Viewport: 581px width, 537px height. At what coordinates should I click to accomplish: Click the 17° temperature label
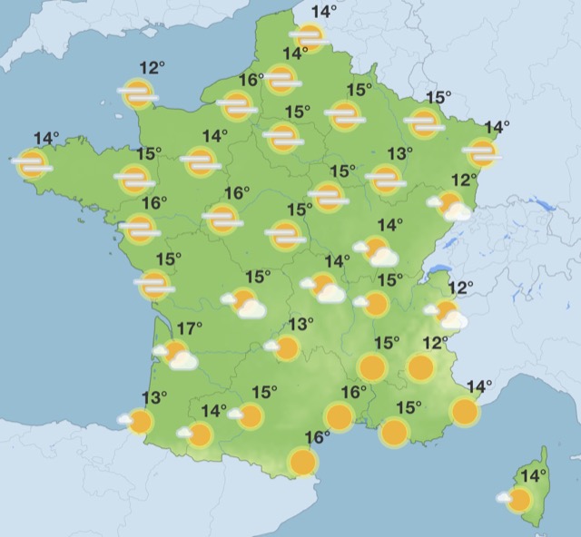tap(189, 328)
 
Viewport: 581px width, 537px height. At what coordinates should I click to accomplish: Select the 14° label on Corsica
tap(533, 475)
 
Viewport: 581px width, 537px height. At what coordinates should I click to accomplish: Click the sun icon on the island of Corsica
tap(519, 499)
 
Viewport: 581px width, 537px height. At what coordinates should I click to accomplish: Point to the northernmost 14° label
tap(323, 12)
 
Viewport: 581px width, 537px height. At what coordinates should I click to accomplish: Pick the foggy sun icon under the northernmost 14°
tap(310, 37)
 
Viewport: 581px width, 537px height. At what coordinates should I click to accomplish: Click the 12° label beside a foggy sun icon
tap(153, 68)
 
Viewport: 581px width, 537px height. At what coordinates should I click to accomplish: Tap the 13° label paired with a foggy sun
tap(399, 154)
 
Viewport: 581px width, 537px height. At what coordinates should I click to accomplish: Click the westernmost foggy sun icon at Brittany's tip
tap(32, 164)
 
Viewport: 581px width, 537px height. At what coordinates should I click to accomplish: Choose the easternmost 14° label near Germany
tap(497, 128)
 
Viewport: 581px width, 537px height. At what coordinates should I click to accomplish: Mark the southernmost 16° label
tap(317, 437)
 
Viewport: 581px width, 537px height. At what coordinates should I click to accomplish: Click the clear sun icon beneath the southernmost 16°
tap(303, 463)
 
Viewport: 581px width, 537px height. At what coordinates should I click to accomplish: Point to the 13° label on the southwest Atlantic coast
tap(154, 397)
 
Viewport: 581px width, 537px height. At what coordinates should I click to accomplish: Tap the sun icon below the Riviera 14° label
tap(465, 412)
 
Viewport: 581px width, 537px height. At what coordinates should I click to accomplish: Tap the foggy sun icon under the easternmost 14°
tap(481, 152)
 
